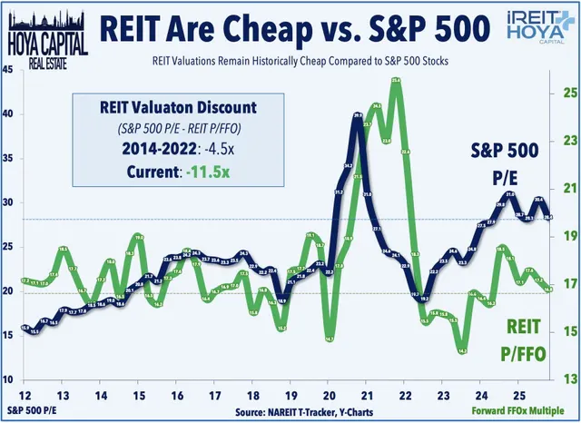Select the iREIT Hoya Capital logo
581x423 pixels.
[535, 26]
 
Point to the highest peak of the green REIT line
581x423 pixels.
[396, 81]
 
